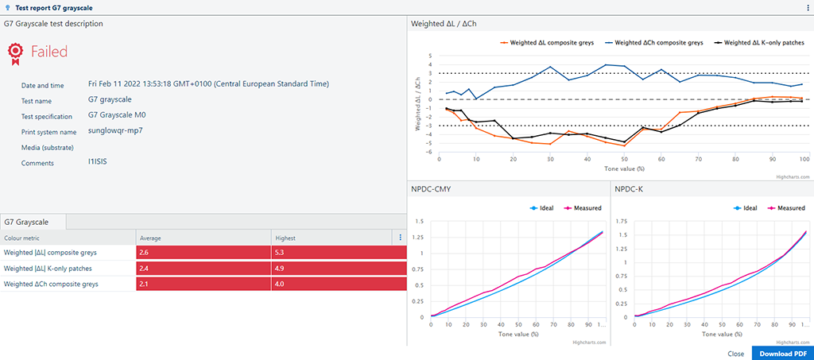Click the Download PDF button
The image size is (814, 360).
coord(782,354)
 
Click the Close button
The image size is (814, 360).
coord(735,354)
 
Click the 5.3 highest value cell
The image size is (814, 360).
coord(338,252)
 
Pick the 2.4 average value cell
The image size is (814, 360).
coord(203,268)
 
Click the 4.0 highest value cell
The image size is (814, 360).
coord(338,284)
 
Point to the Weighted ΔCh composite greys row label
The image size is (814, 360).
coord(51,284)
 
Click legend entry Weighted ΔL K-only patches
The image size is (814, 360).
coord(762,42)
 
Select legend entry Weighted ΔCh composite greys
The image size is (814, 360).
coord(653,42)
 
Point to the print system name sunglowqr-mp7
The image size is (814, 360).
coord(115,130)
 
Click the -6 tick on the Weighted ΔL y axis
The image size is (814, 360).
coord(429,153)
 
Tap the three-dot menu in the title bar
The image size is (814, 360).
coord(808,7)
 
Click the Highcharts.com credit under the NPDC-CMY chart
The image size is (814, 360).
coord(589,342)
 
